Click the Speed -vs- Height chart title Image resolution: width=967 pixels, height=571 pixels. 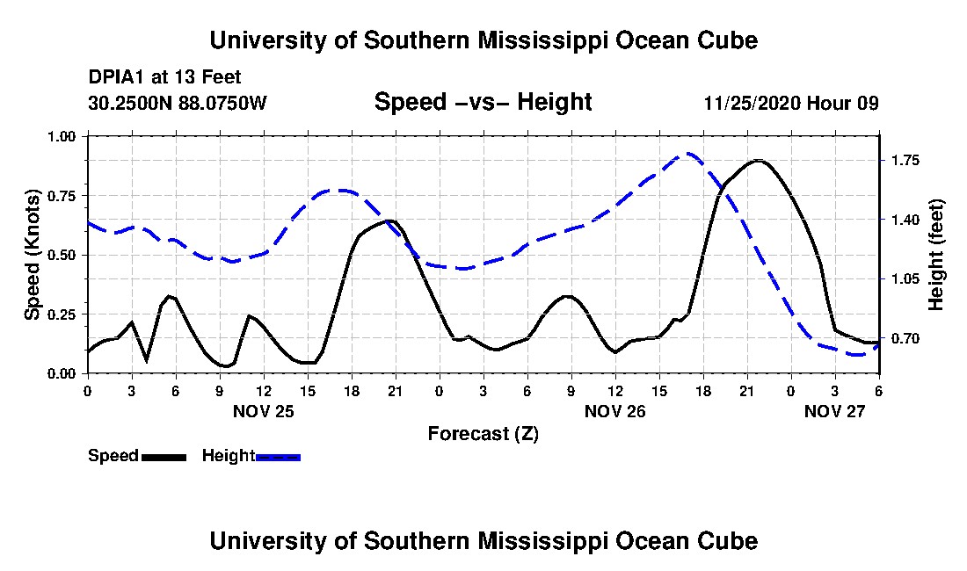point(483,102)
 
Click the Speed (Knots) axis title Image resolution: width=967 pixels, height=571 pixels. point(33,255)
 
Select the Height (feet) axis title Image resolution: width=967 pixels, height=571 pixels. point(935,255)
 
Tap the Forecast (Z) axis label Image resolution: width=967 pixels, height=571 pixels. point(483,434)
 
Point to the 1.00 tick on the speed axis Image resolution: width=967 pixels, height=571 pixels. point(62,136)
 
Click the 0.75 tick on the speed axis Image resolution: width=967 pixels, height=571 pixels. point(62,196)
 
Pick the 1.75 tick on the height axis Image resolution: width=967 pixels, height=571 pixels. point(905,161)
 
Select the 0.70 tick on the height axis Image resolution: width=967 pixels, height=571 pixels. point(905,339)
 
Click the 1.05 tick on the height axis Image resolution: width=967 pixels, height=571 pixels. point(905,279)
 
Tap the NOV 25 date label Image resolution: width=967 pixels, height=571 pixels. point(264,411)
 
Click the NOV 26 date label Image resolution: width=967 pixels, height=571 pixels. point(614,411)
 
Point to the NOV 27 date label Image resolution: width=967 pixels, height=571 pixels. point(835,411)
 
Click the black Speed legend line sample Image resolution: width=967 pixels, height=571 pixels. point(164,457)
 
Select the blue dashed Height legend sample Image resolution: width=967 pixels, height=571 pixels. point(278,457)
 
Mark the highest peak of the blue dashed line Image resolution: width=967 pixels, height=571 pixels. point(687,154)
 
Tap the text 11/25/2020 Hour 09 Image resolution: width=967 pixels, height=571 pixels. point(791,103)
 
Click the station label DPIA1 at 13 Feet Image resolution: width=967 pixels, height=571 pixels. point(164,77)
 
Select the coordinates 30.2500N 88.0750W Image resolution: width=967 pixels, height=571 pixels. point(178,103)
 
